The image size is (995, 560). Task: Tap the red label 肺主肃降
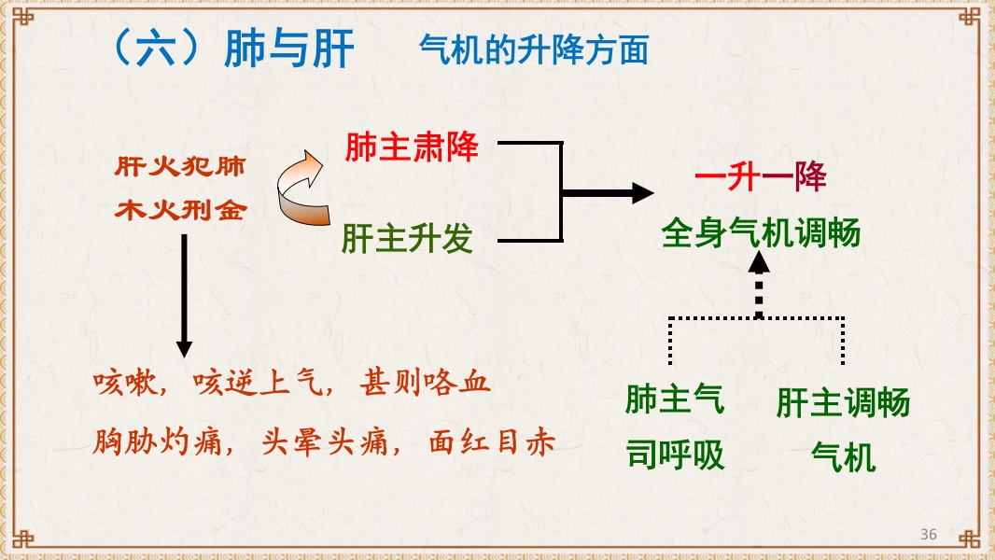pyautogui.click(x=412, y=147)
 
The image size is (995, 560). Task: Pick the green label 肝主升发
pyautogui.click(x=407, y=240)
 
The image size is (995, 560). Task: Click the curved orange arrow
pyautogui.click(x=301, y=189)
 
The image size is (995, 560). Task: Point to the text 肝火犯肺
pyautogui.click(x=180, y=168)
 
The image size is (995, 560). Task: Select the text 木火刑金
pyautogui.click(x=180, y=211)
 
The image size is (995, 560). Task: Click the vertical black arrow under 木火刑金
pyautogui.click(x=184, y=294)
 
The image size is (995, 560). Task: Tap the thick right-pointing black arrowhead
pyautogui.click(x=641, y=193)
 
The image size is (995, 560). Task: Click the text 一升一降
pyautogui.click(x=761, y=177)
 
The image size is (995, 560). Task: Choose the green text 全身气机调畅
pyautogui.click(x=761, y=232)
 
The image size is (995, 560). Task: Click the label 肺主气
pyautogui.click(x=674, y=400)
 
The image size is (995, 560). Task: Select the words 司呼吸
pyautogui.click(x=674, y=455)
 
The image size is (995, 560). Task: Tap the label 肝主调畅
pyautogui.click(x=843, y=404)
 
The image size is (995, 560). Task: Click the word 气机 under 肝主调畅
pyautogui.click(x=843, y=457)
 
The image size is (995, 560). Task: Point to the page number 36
pyautogui.click(x=928, y=534)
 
